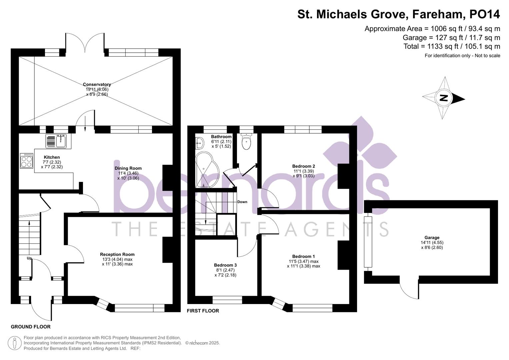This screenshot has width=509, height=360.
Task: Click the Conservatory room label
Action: coord(97,85)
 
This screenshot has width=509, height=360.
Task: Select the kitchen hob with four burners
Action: coord(27,161)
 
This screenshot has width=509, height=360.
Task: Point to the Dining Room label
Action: coord(128,168)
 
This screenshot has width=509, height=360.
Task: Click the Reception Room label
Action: coord(117,254)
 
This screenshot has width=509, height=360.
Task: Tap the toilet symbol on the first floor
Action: coord(246,142)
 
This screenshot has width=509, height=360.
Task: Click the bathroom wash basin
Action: coord(199,143)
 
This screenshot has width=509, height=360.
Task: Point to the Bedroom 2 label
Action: coord(303,166)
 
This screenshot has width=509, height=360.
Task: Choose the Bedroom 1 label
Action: coord(303,256)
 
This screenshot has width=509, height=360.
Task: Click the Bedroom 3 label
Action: coord(225,265)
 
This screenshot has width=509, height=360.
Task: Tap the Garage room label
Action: coord(432,238)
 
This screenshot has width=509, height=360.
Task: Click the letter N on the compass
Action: coord(444,98)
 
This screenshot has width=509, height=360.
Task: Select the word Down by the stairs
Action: coord(242,202)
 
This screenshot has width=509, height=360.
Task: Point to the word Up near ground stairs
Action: coord(29,258)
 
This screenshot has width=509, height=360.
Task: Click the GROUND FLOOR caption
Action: coord(31,327)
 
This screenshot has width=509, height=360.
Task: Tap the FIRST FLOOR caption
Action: coord(203,311)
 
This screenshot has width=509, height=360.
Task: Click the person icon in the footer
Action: coord(14,343)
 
